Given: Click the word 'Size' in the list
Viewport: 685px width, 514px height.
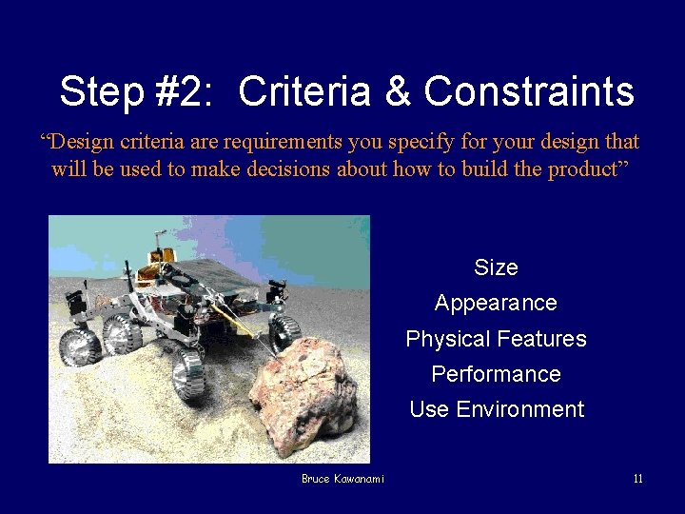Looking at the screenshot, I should click(496, 267).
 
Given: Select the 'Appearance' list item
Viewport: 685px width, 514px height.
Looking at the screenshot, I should click(496, 303).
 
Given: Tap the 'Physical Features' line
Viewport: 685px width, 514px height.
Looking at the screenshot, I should click(496, 339).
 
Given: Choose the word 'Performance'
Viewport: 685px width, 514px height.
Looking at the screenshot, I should click(496, 374).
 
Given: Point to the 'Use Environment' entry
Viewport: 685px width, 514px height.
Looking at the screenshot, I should click(496, 409).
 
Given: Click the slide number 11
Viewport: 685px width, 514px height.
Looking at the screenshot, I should click(637, 479).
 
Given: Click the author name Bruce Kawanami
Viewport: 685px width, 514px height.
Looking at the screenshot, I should click(342, 479).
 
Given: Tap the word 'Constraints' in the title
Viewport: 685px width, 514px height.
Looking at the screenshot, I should click(529, 92).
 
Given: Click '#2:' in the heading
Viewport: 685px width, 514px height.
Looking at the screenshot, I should click(186, 92).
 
